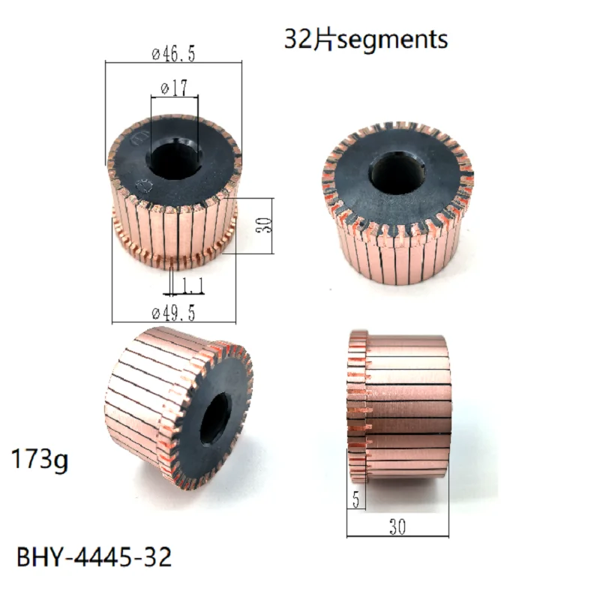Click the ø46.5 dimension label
pyautogui.click(x=173, y=55)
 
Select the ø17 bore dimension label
pyautogui.click(x=173, y=88)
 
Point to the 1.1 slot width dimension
pyautogui.click(x=190, y=286)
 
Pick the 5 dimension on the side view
pyautogui.click(x=355, y=498)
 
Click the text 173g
pyautogui.click(x=39, y=459)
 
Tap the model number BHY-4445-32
pyautogui.click(x=94, y=556)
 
